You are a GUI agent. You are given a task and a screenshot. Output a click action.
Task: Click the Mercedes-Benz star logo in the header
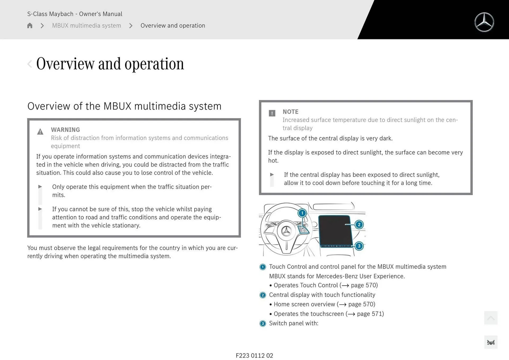484,22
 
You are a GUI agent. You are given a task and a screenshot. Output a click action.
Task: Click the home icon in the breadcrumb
30,25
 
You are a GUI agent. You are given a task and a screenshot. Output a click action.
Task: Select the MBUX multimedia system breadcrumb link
86,25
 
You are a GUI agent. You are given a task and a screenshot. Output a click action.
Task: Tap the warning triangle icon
40,132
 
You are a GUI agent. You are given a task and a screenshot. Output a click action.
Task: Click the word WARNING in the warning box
65,130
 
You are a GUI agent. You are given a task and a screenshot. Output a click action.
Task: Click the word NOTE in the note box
290,112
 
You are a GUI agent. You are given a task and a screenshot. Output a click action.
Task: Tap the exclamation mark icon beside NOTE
272,113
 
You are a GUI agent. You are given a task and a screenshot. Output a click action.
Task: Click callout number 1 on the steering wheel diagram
302,213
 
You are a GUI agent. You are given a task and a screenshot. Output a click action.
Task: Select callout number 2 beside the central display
359,225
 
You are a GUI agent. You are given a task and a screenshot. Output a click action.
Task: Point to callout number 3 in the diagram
359,246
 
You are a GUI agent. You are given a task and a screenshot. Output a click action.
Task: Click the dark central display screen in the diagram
335,230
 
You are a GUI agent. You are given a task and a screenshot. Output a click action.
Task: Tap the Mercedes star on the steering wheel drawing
286,231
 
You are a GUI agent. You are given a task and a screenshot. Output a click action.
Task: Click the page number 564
490,343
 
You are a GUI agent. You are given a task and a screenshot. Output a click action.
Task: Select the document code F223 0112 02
254,355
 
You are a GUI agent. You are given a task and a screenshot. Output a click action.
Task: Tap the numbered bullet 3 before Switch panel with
262,323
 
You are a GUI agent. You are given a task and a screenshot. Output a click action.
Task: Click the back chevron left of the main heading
30,64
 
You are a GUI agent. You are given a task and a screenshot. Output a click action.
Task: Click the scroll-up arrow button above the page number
490,318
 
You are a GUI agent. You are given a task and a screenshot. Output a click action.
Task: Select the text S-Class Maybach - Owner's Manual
74,14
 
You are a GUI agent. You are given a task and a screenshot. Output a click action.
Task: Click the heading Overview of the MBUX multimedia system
124,106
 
